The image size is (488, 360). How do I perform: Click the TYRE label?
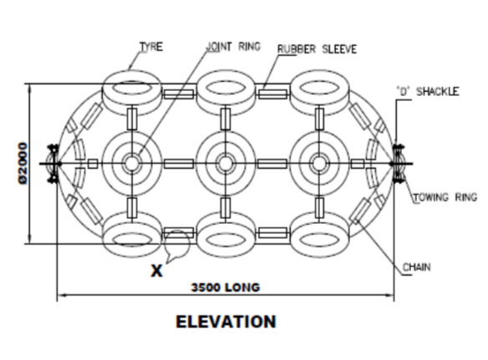(151, 47)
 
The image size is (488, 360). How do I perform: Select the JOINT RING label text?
(233, 47)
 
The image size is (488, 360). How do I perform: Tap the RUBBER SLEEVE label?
(317, 49)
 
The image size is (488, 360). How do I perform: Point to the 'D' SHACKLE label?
(428, 92)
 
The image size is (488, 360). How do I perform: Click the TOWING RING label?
(445, 197)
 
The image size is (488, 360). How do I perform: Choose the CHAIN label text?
(417, 267)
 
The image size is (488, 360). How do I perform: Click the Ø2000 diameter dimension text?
(23, 164)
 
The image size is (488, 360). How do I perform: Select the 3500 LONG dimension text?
(226, 287)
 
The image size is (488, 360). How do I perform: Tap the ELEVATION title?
(226, 322)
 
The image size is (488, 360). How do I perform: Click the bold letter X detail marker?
(156, 271)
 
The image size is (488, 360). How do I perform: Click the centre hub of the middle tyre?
(226, 164)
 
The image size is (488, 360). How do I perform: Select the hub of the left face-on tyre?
(132, 164)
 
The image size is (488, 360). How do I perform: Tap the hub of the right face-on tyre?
(318, 164)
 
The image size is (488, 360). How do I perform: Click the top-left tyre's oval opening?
(132, 89)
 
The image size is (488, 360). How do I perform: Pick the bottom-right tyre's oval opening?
(320, 241)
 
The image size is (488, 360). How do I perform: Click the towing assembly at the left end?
(53, 164)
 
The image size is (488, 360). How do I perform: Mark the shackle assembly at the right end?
(399, 164)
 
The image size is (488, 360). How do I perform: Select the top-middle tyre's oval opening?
(226, 88)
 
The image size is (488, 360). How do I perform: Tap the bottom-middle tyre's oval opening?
(226, 241)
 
